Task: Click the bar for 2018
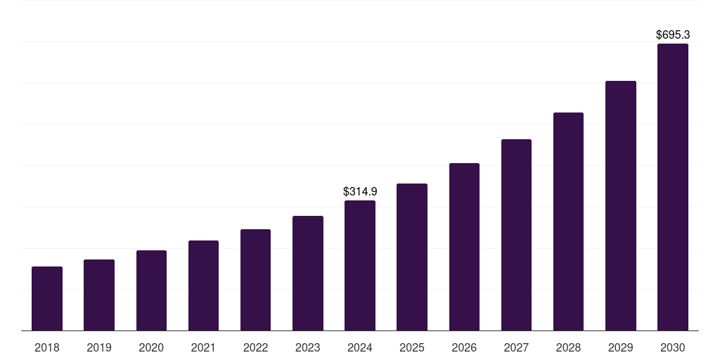(x=47, y=299)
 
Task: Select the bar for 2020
(x=151, y=290)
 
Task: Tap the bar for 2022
(x=255, y=280)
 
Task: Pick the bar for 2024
(x=360, y=266)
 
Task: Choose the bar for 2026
(x=464, y=247)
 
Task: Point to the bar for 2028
(x=568, y=221)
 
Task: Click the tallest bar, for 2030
(x=673, y=187)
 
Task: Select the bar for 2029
(x=621, y=206)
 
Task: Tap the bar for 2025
(x=412, y=257)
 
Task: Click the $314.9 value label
(x=360, y=191)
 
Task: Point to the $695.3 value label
(x=673, y=34)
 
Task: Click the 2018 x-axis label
(x=47, y=347)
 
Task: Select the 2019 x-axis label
(x=99, y=347)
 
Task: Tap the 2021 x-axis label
(x=203, y=347)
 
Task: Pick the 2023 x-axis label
(x=307, y=347)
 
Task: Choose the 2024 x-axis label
(x=360, y=347)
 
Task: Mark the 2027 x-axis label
(x=516, y=347)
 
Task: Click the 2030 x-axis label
(x=673, y=347)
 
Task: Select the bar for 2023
(x=307, y=274)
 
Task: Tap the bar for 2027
(x=516, y=235)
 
